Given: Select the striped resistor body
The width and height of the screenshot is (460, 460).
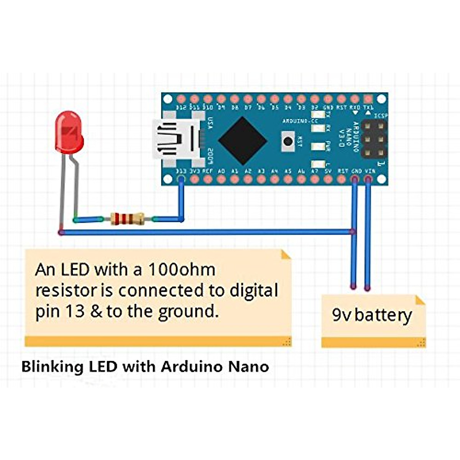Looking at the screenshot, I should [128, 219].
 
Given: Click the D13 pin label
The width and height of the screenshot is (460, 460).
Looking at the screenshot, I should [181, 171].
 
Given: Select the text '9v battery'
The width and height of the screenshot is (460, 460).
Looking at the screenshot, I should [372, 315].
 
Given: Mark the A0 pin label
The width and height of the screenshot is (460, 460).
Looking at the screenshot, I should [221, 171].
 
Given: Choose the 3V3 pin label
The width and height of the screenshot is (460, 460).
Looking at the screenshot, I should [195, 171].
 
